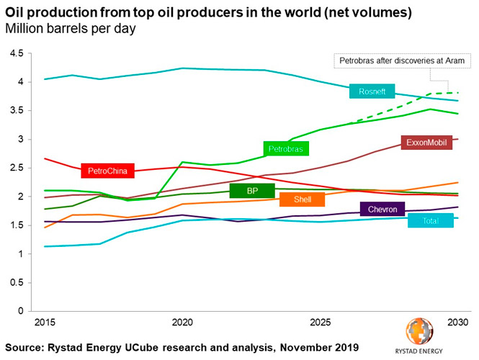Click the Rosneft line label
[372, 91]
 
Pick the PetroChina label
[108, 171]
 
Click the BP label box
[252, 191]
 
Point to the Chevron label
[383, 210]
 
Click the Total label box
[430, 221]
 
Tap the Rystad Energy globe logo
[420, 332]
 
